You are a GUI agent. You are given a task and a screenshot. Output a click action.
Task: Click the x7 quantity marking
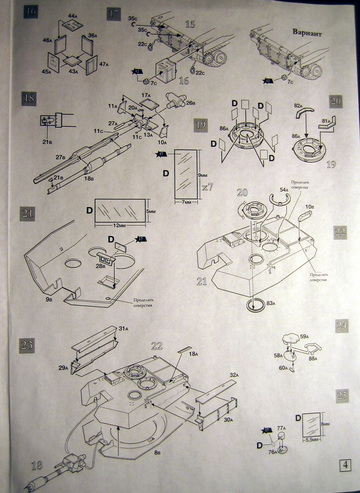pyautogui.click(x=207, y=188)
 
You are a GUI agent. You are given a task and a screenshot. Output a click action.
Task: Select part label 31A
pyautogui.click(x=124, y=328)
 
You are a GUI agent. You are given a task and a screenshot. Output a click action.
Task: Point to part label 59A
pyautogui.click(x=305, y=337)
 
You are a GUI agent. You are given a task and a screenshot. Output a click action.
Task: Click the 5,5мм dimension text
pyautogui.click(x=312, y=440)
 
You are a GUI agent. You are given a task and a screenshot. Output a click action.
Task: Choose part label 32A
pyautogui.click(x=233, y=375)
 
